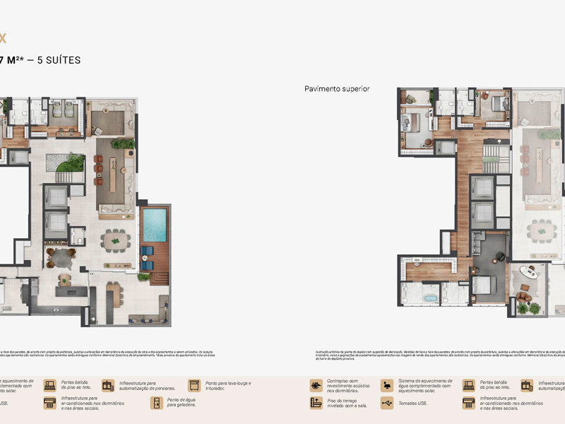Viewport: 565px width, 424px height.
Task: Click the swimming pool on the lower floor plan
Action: click(x=154, y=225)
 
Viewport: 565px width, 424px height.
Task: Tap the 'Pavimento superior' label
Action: click(x=337, y=89)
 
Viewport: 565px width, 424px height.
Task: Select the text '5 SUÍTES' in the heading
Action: click(x=56, y=60)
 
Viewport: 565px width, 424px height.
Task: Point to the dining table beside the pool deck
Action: click(x=116, y=241)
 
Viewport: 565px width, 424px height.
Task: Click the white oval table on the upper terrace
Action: click(x=529, y=271)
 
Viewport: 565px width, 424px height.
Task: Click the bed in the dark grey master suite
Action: click(x=487, y=285)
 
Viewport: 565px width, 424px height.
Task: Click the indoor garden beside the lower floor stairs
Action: click(x=70, y=163)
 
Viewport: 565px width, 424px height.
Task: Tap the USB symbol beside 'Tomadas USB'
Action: click(x=386, y=403)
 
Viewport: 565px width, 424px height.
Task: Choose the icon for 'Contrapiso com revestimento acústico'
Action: click(x=316, y=386)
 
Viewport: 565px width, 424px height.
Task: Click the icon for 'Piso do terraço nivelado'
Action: click(x=316, y=403)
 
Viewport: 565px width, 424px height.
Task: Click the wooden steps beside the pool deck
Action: click(x=160, y=276)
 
